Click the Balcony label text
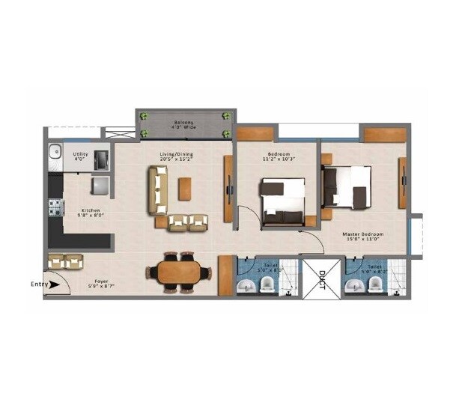[x=185, y=121]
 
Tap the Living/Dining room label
[x=177, y=153]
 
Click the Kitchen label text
[x=91, y=210]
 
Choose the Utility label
[x=81, y=153]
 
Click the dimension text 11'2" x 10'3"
[x=279, y=159]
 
